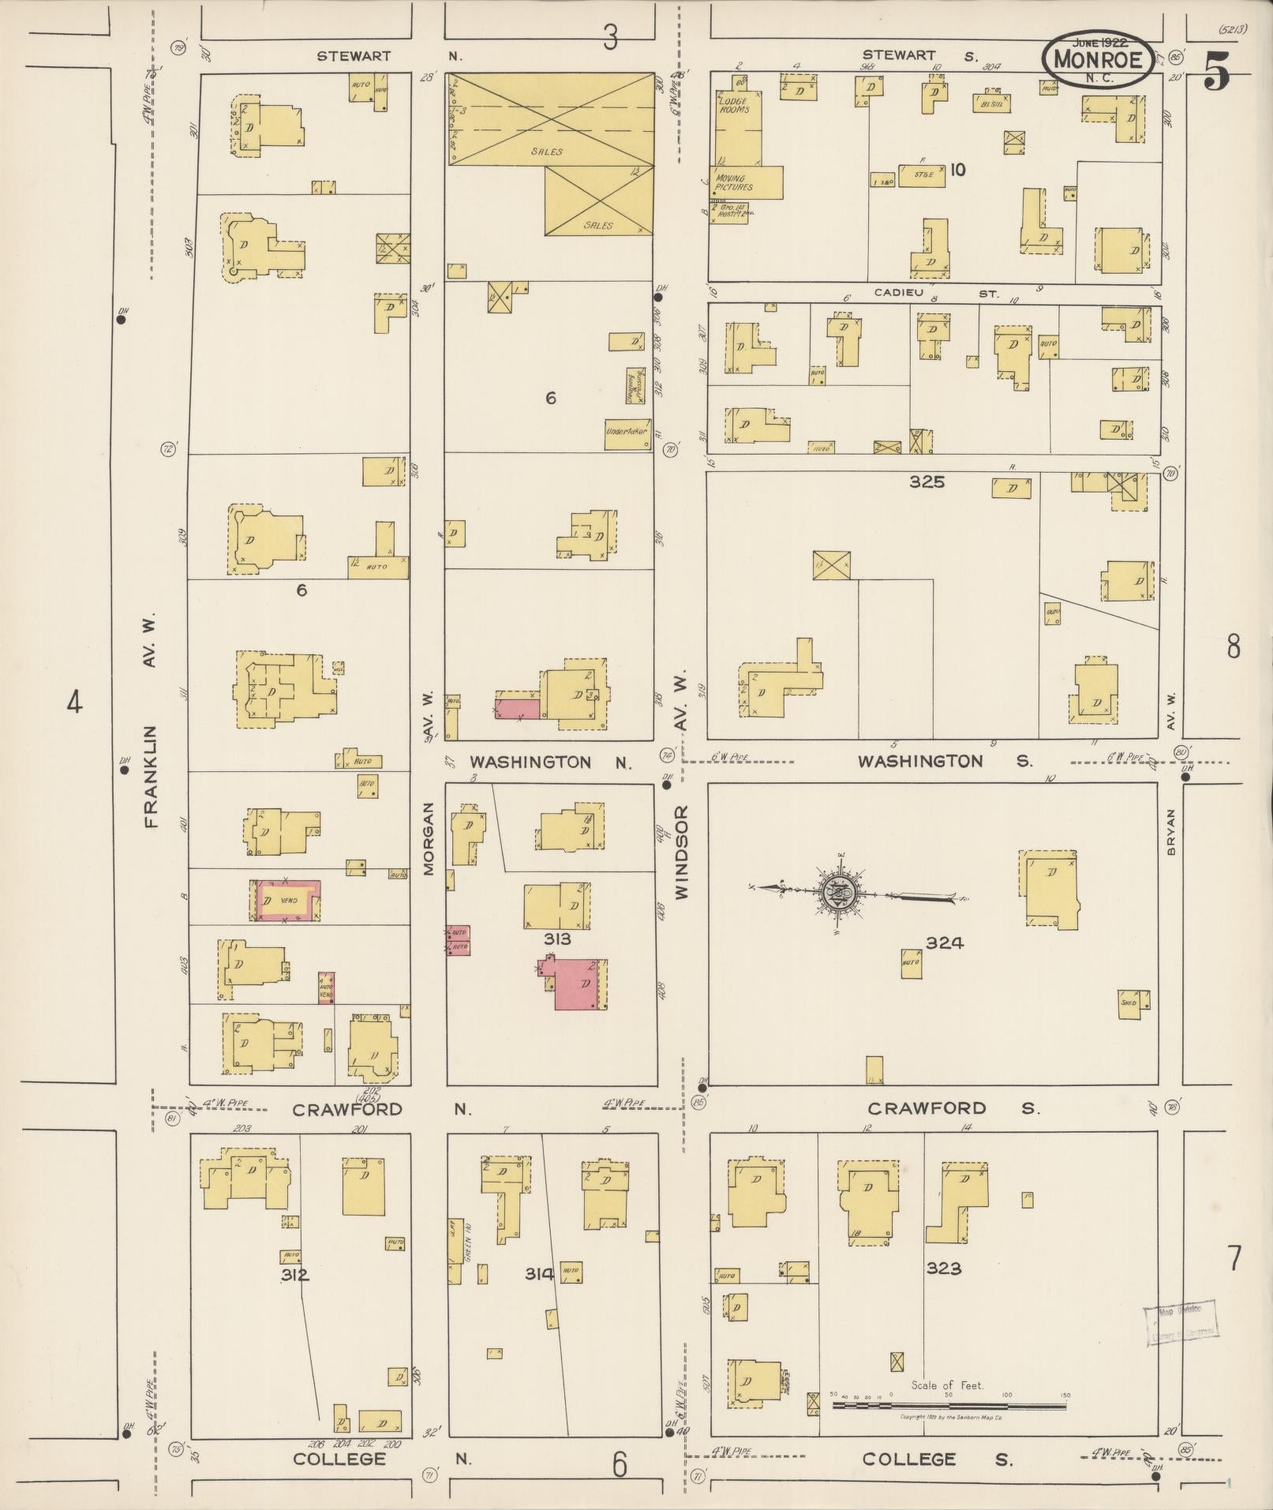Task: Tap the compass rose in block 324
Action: coord(839,893)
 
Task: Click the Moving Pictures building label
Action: coord(734,183)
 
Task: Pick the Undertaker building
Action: coord(627,433)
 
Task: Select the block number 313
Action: coord(556,939)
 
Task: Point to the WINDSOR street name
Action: coord(682,852)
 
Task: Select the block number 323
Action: coord(943,1268)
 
